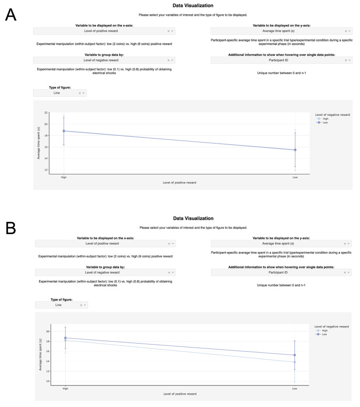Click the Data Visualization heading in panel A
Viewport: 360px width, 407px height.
193,6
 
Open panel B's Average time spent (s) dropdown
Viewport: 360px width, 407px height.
281,244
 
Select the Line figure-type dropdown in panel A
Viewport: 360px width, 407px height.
60,93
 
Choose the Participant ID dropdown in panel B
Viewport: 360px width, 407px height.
281,273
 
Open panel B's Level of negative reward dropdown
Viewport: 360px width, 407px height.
105,273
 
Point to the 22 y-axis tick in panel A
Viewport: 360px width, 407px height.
46,112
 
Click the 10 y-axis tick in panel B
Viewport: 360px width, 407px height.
48,381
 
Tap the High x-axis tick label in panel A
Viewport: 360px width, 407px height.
64,177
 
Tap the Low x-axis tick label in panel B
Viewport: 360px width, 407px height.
295,388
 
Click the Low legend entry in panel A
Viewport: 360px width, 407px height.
325,122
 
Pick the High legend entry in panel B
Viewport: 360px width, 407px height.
325,330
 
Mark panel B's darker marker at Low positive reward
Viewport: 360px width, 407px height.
295,355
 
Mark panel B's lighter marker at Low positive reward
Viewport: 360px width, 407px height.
295,362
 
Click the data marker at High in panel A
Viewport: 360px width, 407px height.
64,131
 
